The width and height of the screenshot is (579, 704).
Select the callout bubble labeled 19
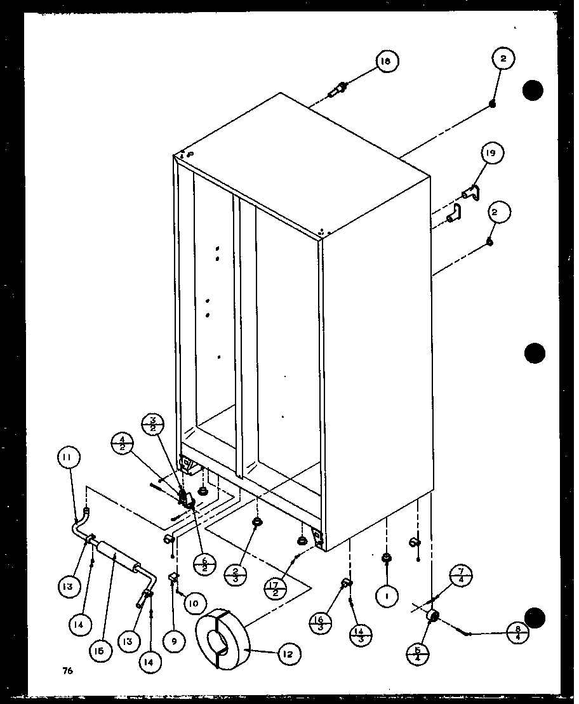491,153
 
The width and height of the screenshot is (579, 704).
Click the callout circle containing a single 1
388,596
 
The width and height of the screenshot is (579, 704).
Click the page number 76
67,670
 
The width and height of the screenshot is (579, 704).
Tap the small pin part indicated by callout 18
337,90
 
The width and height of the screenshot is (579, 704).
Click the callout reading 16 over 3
321,619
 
